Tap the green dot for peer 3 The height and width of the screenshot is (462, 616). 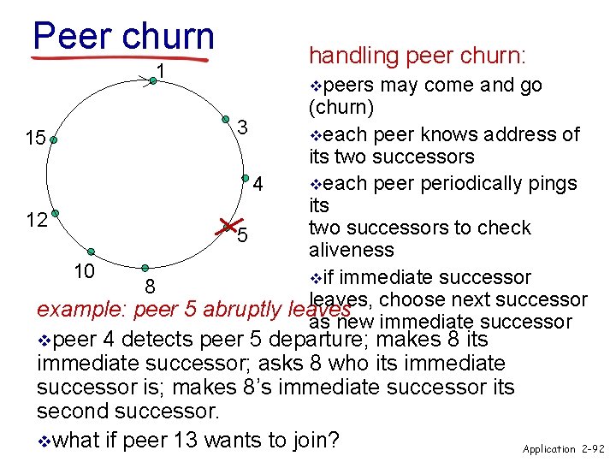226,120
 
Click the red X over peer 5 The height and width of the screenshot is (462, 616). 227,227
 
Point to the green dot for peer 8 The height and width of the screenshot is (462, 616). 146,269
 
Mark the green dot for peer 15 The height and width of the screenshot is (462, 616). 53,138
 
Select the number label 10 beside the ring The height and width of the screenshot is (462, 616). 83,271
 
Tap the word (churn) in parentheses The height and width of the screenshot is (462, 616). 341,108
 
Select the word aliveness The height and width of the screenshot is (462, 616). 351,250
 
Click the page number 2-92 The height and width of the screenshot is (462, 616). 591,448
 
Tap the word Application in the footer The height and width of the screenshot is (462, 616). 548,448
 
